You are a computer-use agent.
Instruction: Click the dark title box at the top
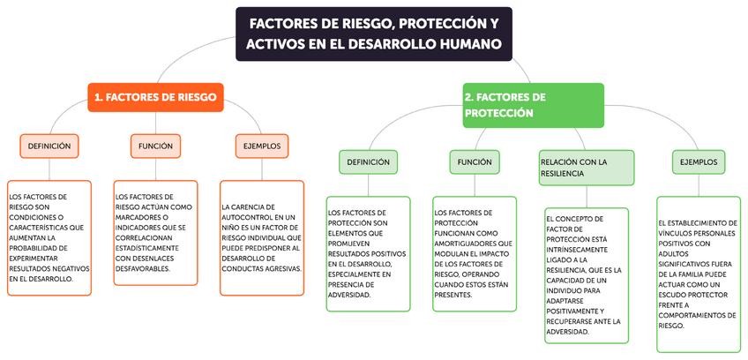coord(373,34)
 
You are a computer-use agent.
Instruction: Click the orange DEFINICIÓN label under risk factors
coord(49,146)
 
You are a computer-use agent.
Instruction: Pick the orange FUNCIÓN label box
coord(155,146)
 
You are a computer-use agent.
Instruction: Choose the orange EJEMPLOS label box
coord(261,146)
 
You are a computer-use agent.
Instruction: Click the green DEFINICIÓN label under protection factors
coord(368,162)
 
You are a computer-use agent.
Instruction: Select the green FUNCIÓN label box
coord(475,162)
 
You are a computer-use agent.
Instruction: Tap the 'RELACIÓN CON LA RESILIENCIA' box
coord(587,168)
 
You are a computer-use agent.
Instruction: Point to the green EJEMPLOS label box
coord(698,162)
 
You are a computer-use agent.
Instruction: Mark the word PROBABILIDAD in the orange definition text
coord(37,248)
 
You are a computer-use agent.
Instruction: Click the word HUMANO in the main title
coord(470,43)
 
